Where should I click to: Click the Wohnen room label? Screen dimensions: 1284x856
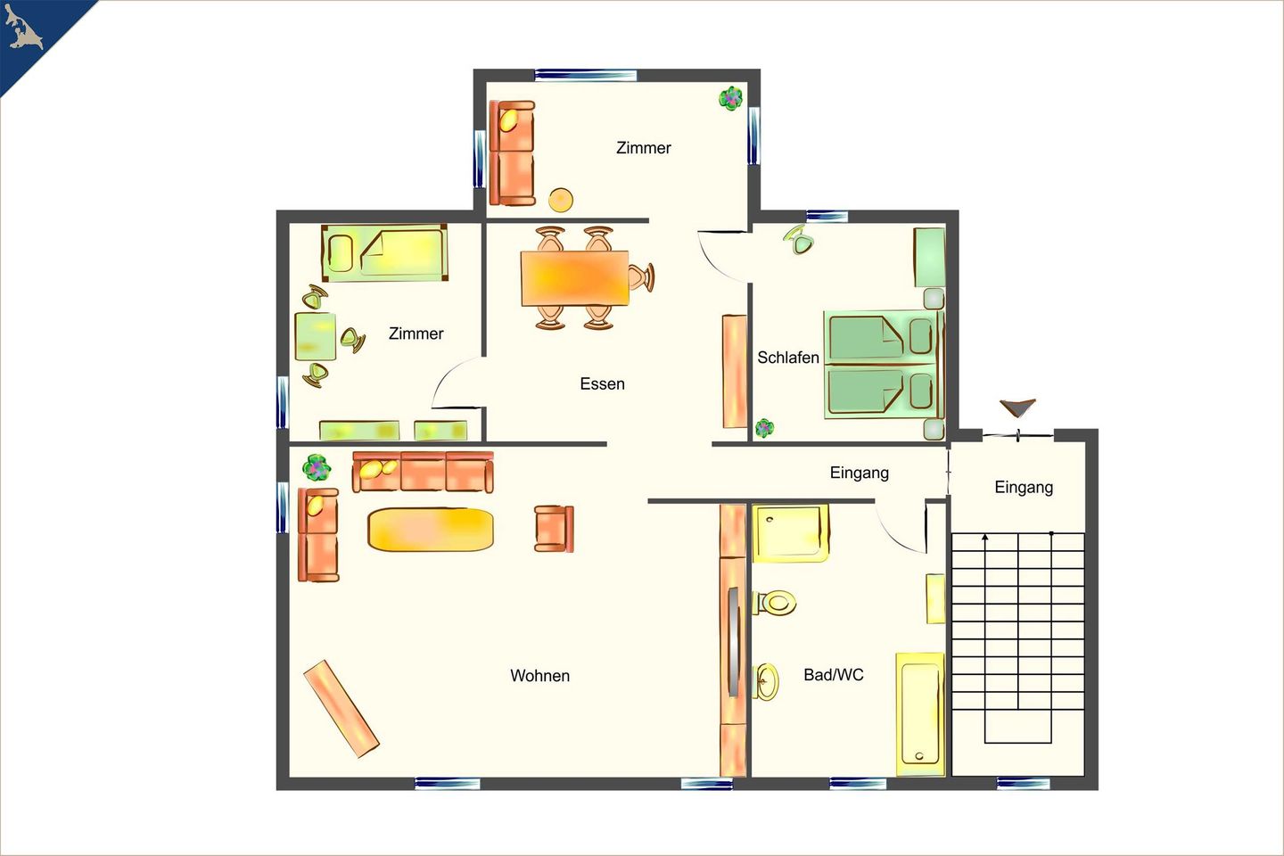pyautogui.click(x=540, y=675)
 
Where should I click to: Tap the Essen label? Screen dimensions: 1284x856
pyautogui.click(x=602, y=383)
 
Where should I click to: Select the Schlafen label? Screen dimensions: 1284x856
pyautogui.click(x=788, y=358)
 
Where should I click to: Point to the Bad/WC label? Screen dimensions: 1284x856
pyautogui.click(x=834, y=674)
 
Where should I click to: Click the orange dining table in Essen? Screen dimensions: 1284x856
pyautogui.click(x=575, y=278)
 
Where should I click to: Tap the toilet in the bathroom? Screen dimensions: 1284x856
pyautogui.click(x=774, y=602)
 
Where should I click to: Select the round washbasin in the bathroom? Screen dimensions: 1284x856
pyautogui.click(x=765, y=681)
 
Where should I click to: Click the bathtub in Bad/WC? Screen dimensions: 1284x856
pyautogui.click(x=920, y=714)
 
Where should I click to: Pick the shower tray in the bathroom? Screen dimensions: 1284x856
pyautogui.click(x=790, y=533)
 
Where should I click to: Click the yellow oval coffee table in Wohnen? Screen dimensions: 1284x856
pyautogui.click(x=431, y=529)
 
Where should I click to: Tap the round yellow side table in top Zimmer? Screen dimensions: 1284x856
pyautogui.click(x=561, y=200)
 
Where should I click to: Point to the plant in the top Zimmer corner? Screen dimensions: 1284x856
pyautogui.click(x=731, y=98)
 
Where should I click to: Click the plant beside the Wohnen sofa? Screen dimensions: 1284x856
pyautogui.click(x=317, y=467)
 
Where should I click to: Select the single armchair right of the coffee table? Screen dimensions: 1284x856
pyautogui.click(x=554, y=529)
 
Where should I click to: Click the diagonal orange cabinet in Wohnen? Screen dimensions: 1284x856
pyautogui.click(x=342, y=709)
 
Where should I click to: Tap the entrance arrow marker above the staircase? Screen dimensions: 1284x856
pyautogui.click(x=1018, y=407)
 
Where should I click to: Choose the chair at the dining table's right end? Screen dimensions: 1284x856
pyautogui.click(x=641, y=277)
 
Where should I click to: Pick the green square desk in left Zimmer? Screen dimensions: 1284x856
pyautogui.click(x=316, y=336)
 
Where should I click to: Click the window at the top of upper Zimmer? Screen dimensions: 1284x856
pyautogui.click(x=586, y=75)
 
